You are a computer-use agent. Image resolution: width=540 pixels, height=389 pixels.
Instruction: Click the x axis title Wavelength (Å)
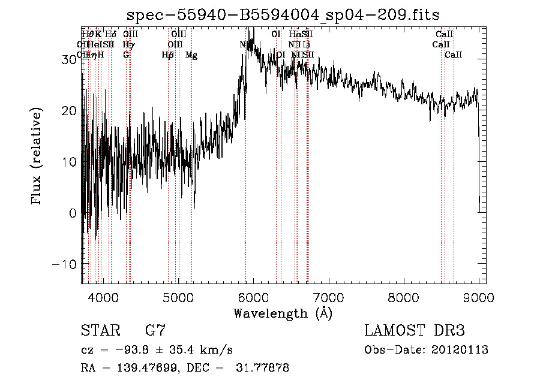tap(283, 313)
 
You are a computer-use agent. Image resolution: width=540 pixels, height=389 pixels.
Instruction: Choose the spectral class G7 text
tap(155, 330)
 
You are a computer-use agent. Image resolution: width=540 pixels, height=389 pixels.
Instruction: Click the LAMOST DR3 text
tap(415, 330)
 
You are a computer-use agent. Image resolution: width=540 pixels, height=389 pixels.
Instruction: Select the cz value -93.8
tap(133, 350)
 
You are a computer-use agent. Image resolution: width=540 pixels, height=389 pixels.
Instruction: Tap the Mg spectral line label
tap(191, 55)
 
